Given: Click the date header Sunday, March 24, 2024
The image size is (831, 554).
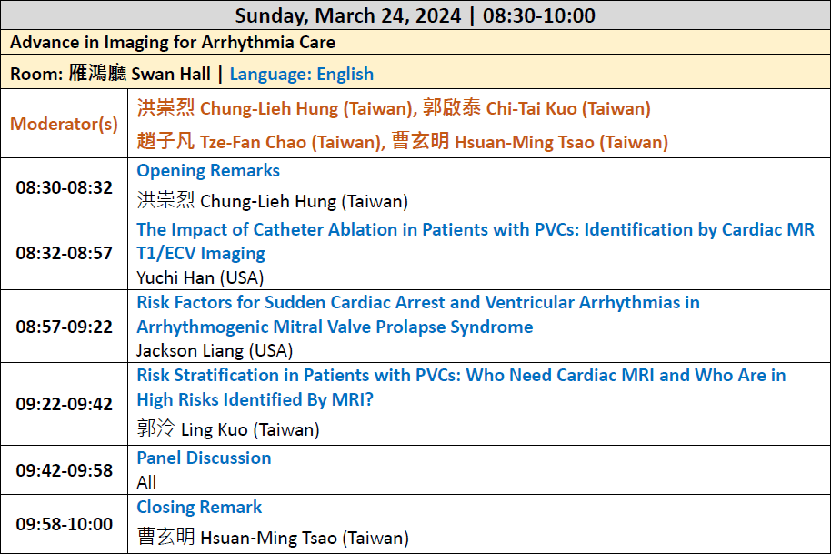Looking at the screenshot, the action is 348,15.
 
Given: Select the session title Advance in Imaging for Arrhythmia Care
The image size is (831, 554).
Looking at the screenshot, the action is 173,43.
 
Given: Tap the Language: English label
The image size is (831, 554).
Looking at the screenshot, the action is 302,75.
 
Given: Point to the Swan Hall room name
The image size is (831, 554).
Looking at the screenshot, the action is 171,74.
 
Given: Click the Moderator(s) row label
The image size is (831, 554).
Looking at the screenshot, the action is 65,124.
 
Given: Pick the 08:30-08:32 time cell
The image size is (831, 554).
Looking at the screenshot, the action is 65,187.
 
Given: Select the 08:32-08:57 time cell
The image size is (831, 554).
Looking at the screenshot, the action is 65,254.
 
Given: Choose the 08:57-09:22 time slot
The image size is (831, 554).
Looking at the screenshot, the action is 65,327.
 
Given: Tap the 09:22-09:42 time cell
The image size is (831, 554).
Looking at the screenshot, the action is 65,404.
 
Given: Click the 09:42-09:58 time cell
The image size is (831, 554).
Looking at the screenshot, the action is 65,470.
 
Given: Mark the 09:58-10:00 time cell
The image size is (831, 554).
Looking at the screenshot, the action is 65,524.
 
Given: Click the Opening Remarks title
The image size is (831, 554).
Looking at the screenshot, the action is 208,171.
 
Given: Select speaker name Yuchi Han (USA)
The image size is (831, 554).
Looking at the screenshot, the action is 200,277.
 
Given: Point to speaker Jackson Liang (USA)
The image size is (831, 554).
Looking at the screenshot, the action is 215,350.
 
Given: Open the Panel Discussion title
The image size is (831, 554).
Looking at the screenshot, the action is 204,458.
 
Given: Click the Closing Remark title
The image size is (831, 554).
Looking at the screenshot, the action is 199,508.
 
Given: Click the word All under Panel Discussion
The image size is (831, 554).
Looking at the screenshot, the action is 146,482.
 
